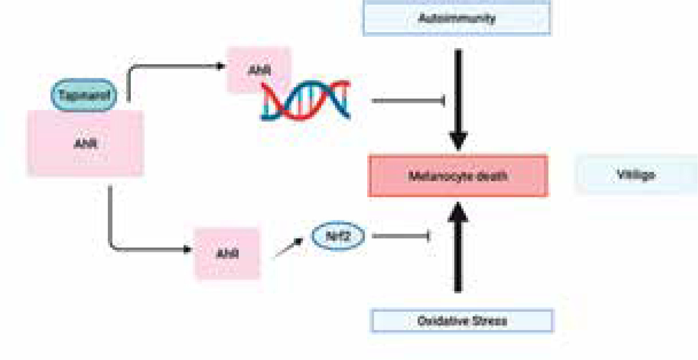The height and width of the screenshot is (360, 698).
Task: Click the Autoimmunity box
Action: pos(457,18)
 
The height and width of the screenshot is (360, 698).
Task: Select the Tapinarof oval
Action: pos(84,95)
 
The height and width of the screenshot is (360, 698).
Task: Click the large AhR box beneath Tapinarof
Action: pos(85,144)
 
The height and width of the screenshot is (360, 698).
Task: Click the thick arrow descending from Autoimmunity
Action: pos(458,92)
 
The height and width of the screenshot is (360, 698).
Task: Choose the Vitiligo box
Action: pos(636,175)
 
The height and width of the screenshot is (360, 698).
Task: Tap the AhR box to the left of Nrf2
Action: pos(228,253)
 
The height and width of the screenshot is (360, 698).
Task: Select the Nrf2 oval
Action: pos(338,237)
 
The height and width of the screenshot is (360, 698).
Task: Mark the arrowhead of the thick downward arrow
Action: pos(458,141)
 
